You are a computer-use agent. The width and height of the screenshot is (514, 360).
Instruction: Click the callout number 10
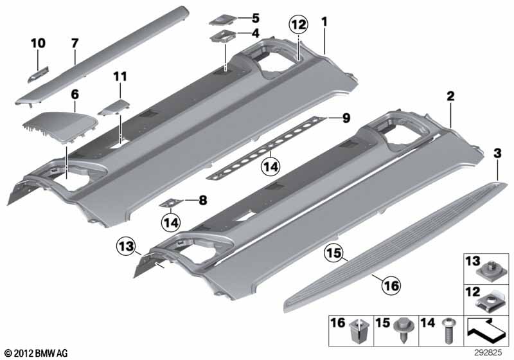[x=38, y=43]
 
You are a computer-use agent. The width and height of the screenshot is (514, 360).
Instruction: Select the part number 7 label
[x=75, y=43]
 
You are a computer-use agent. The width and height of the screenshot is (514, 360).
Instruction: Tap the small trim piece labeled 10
[x=38, y=75]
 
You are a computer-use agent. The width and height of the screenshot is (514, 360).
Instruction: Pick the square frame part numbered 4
[x=223, y=36]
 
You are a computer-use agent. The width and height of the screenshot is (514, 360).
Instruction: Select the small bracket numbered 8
[x=172, y=203]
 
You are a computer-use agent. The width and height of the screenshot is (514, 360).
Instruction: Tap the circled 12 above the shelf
[x=299, y=25]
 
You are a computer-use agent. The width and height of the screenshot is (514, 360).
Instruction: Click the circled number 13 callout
[x=127, y=246]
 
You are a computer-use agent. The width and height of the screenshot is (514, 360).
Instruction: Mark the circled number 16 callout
[x=391, y=285]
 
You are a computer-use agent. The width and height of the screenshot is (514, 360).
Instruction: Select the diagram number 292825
[x=488, y=353]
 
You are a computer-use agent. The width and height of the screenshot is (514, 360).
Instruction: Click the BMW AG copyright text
[x=37, y=353]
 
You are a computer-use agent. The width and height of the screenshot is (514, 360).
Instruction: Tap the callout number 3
[x=497, y=154]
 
